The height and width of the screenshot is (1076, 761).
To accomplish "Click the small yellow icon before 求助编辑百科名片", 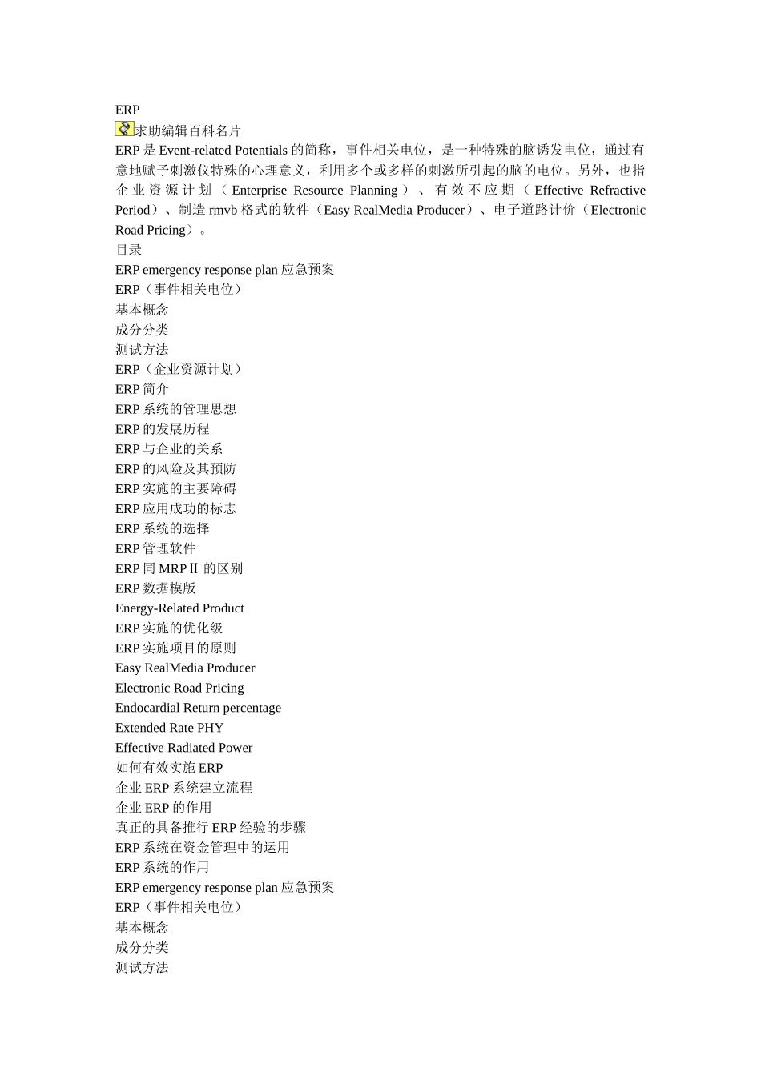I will click(x=124, y=129).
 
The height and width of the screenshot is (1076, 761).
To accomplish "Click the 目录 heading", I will click(x=128, y=250).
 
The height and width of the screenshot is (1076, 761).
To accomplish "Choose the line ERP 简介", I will click(x=142, y=389).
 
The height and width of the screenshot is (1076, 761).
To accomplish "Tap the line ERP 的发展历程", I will click(x=162, y=429).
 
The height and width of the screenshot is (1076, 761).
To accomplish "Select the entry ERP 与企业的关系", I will click(x=168, y=449).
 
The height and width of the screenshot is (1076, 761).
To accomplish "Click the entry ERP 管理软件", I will click(x=155, y=548).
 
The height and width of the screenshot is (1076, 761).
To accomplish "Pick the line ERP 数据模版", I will click(x=155, y=588).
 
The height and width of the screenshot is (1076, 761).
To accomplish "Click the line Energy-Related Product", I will click(x=179, y=608).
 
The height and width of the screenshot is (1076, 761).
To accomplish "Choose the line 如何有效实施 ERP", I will click(x=169, y=768).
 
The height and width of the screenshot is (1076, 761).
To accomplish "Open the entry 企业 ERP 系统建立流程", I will click(x=183, y=788).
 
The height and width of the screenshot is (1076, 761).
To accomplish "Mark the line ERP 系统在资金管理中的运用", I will click(x=202, y=847).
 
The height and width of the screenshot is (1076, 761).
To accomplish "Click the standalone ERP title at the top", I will click(x=127, y=110).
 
